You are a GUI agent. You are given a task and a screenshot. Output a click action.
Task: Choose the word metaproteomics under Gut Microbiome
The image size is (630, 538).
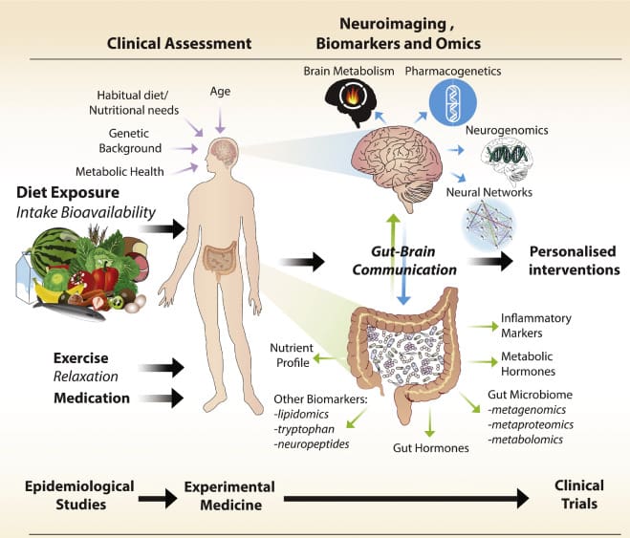[524, 423]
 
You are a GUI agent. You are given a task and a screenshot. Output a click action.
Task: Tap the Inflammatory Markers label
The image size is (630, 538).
[536, 324]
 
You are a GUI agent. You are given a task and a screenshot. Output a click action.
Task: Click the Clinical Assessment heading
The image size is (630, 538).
[179, 43]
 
